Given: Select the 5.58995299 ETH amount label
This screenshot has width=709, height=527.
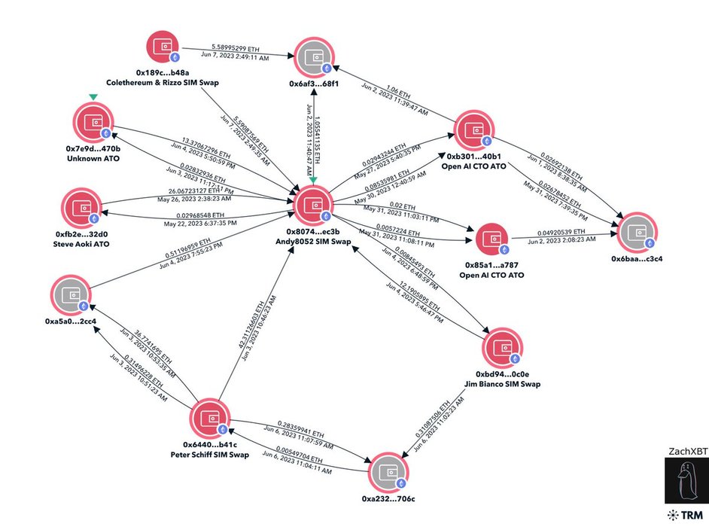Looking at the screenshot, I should pyautogui.click(x=231, y=47).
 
